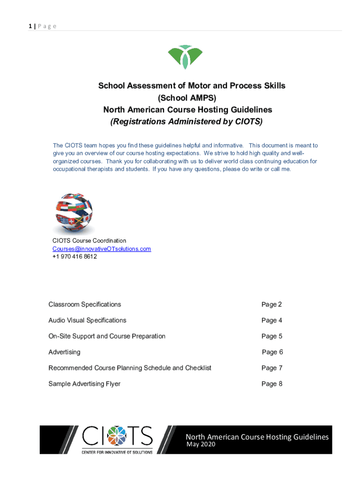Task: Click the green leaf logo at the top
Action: (185, 57)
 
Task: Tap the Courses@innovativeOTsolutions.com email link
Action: (101, 248)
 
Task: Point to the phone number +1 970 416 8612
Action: (74, 256)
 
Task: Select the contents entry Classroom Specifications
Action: (85, 305)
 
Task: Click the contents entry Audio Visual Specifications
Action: (87, 320)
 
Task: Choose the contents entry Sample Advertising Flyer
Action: (84, 384)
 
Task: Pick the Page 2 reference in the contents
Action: (272, 305)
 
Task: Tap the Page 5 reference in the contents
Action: (272, 336)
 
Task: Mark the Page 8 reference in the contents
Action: (272, 384)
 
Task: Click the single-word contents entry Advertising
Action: (65, 352)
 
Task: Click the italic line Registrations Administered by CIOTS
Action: (187, 122)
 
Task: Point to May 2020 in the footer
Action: (201, 444)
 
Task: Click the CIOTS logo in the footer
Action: (117, 436)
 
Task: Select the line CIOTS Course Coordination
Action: (89, 240)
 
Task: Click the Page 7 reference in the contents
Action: (272, 368)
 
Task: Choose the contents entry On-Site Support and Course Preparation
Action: (107, 336)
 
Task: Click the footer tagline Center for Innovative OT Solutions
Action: (117, 452)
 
